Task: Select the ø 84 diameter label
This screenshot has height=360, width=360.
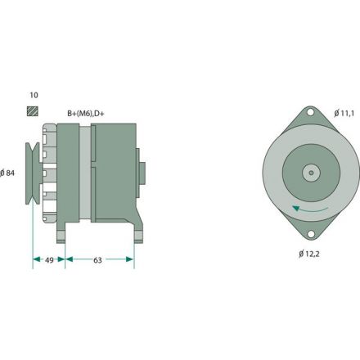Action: pyautogui.click(x=10, y=173)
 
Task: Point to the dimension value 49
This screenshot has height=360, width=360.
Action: pyautogui.click(x=48, y=261)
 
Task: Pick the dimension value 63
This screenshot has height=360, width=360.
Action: pyautogui.click(x=98, y=261)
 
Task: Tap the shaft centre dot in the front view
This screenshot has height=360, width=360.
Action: pyautogui.click(x=311, y=173)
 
